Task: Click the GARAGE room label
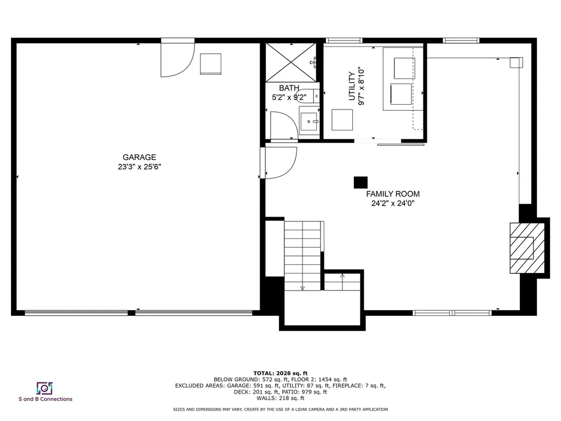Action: pos(139,157)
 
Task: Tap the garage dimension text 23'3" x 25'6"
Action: pos(139,167)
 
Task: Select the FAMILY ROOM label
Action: pos(393,194)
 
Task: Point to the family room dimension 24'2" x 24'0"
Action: pos(393,203)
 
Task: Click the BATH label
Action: pos(289,88)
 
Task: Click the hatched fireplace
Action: pos(527,247)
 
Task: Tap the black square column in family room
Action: pos(360,182)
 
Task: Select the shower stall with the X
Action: pos(291,61)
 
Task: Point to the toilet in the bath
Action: pos(308,96)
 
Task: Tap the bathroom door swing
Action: pos(283,125)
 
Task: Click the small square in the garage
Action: pos(210,64)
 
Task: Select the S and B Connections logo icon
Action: pos(44,388)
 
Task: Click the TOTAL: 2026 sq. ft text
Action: pos(280,372)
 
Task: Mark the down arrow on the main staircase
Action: pos(302,287)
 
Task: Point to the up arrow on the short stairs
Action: pos(342,276)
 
